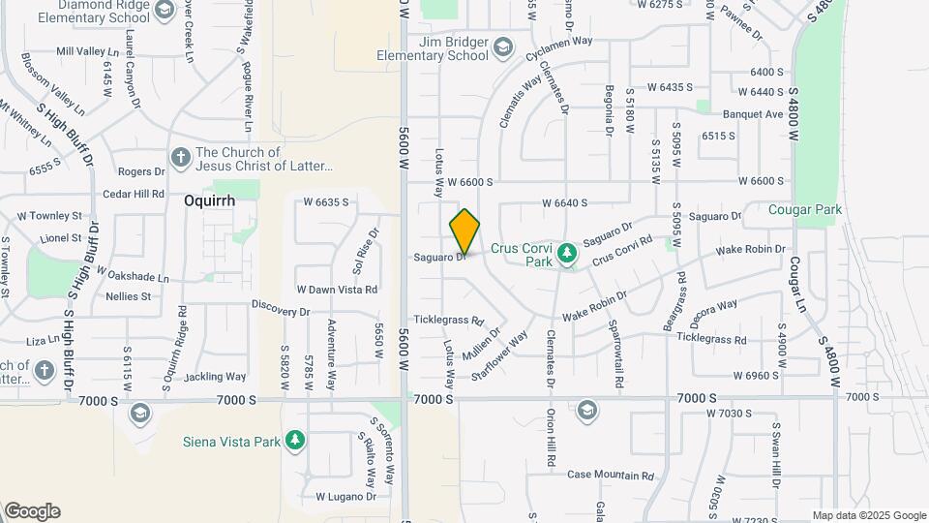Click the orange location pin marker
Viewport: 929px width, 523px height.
(465, 231)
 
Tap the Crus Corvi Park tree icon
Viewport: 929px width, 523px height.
(568, 254)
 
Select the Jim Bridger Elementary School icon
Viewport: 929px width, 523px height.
(502, 47)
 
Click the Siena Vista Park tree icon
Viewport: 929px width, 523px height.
(295, 442)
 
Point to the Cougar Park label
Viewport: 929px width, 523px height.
(805, 209)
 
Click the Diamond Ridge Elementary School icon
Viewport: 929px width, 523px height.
(163, 10)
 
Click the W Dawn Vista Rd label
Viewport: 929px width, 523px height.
(337, 289)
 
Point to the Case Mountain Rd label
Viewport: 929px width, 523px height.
(611, 476)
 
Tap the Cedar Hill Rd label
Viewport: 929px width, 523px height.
(134, 194)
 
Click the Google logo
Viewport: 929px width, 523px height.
(32, 511)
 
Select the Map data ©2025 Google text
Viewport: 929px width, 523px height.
(869, 515)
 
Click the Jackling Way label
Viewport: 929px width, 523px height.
(215, 376)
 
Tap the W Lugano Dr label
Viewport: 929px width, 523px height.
(345, 497)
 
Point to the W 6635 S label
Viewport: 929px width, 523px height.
(325, 202)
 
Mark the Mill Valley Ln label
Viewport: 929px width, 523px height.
(86, 51)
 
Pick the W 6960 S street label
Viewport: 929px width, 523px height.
(757, 375)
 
